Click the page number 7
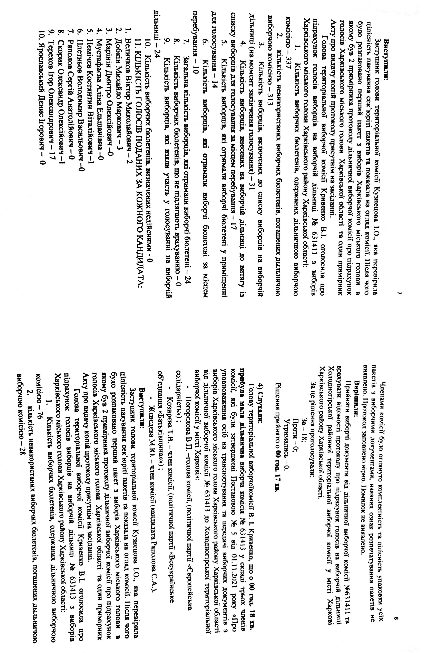(400, 294)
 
